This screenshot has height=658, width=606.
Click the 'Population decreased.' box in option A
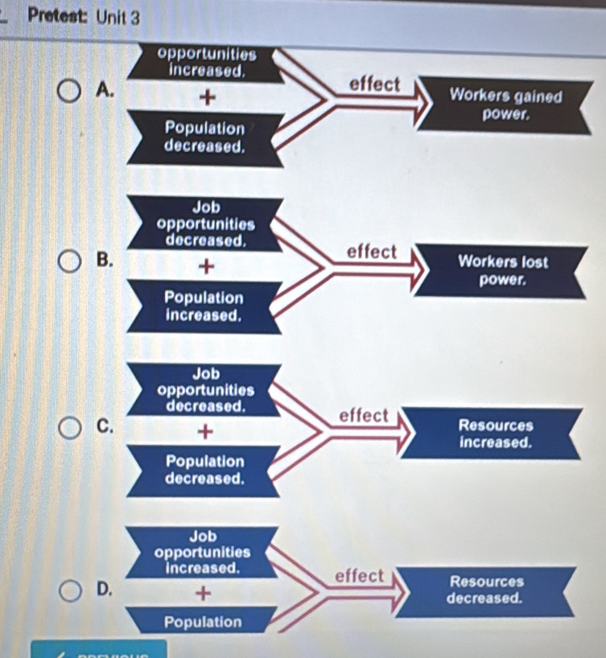pyautogui.click(x=204, y=138)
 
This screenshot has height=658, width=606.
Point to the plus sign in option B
pyautogui.click(x=208, y=265)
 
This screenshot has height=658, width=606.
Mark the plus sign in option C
pyautogui.click(x=207, y=432)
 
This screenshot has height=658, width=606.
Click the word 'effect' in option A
pyautogui.click(x=374, y=84)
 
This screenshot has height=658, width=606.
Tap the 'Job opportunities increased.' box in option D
pyautogui.click(x=204, y=551)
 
